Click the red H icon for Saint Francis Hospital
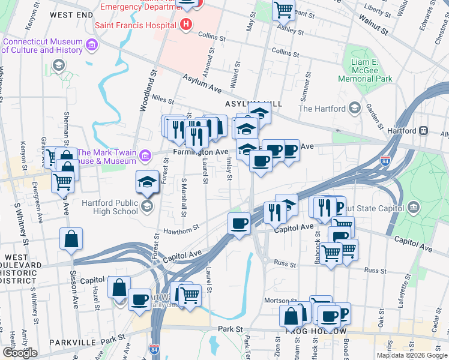point(186,25)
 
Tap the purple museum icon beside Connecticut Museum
point(92,46)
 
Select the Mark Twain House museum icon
point(144,157)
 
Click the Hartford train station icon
point(424,130)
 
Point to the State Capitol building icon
point(413,208)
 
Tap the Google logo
point(20,353)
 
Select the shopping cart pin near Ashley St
point(283,10)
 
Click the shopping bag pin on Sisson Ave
point(71,238)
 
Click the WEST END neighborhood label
point(71,14)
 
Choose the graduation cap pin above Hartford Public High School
point(147,181)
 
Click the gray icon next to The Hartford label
point(354,108)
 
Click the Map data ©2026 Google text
point(411,355)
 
